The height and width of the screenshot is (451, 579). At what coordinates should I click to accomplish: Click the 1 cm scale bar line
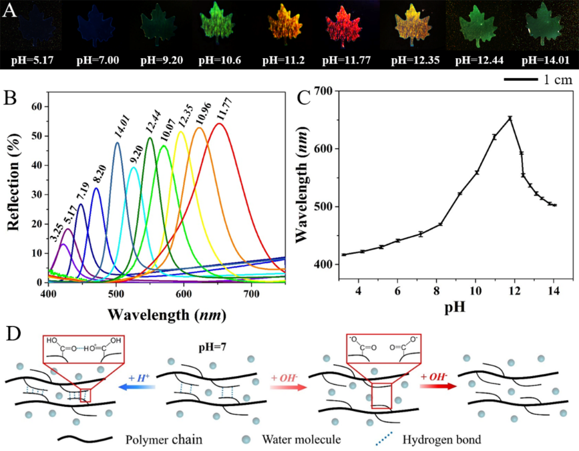521,80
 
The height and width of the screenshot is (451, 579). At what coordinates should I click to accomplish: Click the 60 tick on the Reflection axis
37,106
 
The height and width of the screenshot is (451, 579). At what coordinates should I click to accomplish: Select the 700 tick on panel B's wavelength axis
250,293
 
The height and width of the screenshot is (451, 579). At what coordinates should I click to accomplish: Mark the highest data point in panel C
510,118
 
